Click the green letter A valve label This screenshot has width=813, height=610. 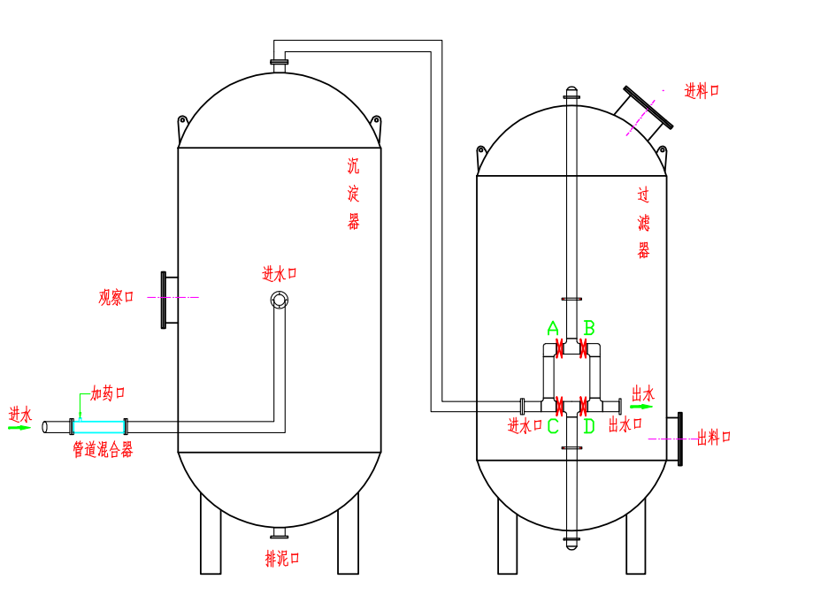553,329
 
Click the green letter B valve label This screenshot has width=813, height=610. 589,329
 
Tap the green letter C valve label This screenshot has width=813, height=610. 553,426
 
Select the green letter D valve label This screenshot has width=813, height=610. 589,426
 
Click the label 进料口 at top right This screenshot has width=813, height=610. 702,91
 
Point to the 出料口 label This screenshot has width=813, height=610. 714,437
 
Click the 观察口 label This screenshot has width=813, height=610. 116,297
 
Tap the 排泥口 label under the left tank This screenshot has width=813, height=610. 282,558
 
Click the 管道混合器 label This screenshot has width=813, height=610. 103,450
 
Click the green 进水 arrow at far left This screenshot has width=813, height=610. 19,428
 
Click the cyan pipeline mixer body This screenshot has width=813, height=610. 98,426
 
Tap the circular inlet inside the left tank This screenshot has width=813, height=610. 280,301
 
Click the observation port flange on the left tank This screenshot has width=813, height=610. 165,300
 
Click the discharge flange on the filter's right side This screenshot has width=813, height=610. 678,438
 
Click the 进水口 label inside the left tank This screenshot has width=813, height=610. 280,274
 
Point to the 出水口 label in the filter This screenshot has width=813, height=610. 625,425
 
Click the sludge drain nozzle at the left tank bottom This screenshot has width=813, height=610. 280,532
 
